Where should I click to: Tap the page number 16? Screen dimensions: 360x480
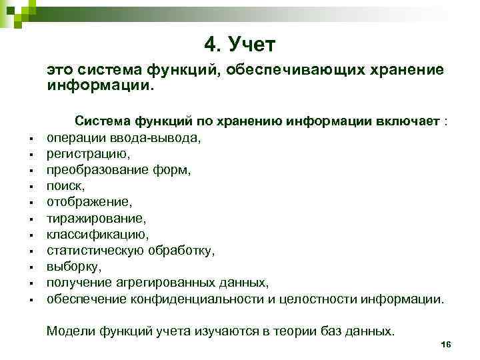pyautogui.click(x=447, y=344)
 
